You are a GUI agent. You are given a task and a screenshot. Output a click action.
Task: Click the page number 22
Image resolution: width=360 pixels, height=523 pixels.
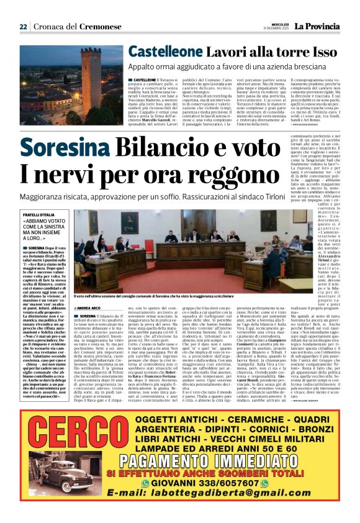click(x=23, y=27)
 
